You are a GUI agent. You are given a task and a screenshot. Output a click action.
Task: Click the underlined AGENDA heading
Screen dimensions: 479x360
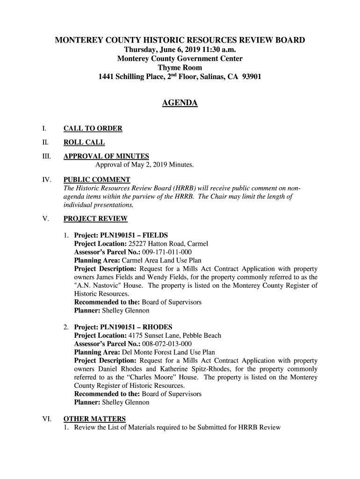tap(180, 103)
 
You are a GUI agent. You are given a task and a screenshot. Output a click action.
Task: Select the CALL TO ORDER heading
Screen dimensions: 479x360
tap(93, 129)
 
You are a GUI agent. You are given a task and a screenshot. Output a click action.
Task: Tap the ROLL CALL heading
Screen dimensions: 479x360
tap(84, 143)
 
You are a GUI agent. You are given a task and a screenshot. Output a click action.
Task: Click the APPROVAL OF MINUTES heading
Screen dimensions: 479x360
tap(106, 156)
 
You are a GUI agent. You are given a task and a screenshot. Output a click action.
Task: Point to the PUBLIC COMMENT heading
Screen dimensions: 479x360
tap(97, 180)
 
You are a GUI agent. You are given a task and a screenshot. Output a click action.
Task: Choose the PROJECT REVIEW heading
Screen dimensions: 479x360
tap(95, 218)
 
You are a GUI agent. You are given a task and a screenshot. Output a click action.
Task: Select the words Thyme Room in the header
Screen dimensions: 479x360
tap(180, 68)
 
